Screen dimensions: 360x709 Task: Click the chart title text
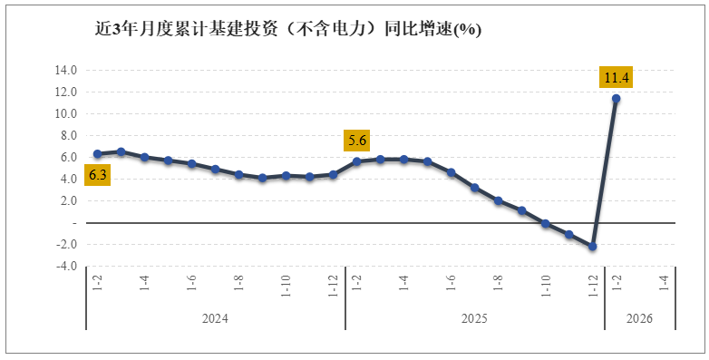[288, 28]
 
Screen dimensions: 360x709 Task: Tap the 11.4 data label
[617, 77]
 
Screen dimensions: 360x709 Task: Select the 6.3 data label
[97, 174]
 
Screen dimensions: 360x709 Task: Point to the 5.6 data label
[356, 141]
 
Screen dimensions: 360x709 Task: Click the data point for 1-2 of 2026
[617, 99]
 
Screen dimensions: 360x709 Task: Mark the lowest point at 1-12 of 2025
[593, 247]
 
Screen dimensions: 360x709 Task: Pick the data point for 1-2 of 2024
[97, 154]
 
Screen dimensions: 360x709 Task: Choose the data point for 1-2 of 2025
[356, 161]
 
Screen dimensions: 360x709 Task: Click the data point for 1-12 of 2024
[333, 174]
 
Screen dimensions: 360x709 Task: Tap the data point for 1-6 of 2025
[451, 172]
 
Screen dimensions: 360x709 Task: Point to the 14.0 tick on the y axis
[67, 71]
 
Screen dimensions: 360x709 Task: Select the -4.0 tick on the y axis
[67, 267]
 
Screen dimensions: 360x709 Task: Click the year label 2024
[215, 319]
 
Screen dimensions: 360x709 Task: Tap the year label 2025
[474, 319]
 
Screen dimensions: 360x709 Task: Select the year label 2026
[639, 319]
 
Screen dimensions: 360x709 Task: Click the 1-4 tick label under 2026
[664, 283]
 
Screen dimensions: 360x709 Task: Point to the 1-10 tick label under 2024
[286, 285]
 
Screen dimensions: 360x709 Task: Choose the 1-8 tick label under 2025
[498, 283]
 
